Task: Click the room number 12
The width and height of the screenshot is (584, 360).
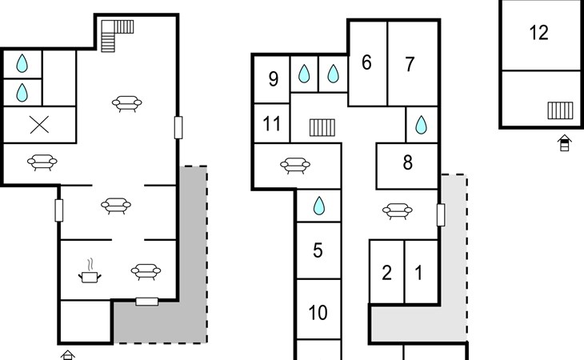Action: tap(538, 33)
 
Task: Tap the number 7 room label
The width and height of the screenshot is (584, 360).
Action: tap(410, 64)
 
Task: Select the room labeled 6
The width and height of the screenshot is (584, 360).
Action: tap(366, 62)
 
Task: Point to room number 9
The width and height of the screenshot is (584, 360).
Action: tap(274, 79)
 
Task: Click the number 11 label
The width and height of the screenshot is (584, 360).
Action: tap(271, 123)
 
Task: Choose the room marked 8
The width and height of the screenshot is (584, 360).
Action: tap(408, 162)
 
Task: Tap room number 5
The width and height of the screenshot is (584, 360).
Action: tap(318, 250)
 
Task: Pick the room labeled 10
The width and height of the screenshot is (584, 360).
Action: tap(318, 313)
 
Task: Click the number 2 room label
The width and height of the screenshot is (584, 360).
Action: tap(386, 273)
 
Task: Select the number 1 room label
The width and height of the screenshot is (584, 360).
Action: tap(418, 273)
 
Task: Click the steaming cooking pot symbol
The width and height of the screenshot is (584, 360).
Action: tap(90, 271)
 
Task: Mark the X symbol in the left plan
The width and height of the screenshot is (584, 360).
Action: tap(39, 125)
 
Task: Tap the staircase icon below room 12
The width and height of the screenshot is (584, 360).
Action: tap(560, 110)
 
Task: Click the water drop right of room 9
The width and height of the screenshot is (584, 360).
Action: tap(304, 74)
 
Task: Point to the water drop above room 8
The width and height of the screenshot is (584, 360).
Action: tap(421, 125)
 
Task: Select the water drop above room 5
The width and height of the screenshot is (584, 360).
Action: tap(319, 206)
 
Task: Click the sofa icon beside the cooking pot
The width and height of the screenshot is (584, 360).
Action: tap(146, 271)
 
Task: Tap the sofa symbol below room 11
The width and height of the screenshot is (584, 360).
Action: tap(295, 166)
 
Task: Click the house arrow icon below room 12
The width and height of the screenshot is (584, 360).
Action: tap(565, 143)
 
